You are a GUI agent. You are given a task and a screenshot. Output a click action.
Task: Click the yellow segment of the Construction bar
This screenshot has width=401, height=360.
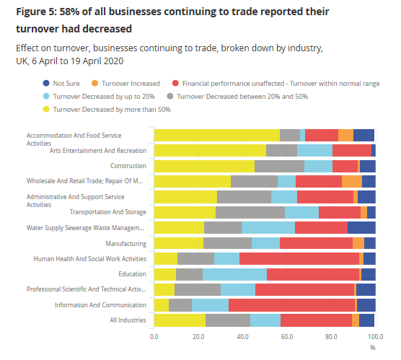204,166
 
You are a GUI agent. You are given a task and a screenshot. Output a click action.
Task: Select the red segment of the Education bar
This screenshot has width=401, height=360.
313,274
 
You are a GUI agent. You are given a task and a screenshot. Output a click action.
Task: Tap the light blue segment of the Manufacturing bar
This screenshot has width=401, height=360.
265,243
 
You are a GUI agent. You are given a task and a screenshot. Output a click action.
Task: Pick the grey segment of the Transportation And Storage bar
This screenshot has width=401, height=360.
250,212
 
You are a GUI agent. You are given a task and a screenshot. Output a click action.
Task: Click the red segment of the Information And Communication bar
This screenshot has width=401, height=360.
291,305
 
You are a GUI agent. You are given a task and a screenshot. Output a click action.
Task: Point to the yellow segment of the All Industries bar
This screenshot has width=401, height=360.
180,320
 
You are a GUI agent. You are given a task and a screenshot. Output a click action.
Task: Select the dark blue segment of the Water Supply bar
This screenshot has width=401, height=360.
361,228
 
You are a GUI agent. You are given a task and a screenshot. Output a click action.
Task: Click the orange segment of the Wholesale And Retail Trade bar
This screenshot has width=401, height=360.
351,181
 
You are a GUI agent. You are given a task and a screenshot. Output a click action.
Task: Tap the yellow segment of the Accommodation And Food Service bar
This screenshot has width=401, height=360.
216,135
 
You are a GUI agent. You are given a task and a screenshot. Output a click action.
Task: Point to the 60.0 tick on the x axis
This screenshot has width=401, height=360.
286,337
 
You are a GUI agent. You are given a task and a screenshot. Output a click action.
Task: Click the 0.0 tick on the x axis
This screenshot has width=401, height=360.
154,337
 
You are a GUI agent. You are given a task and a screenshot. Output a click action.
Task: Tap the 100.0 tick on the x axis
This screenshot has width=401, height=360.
374,337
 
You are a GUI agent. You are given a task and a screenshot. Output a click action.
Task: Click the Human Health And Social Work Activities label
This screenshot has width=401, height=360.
87,259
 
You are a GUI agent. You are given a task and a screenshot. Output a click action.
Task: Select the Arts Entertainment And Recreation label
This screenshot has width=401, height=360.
98,151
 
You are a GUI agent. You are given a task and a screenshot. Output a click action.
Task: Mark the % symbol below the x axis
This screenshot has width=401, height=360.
373,347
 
